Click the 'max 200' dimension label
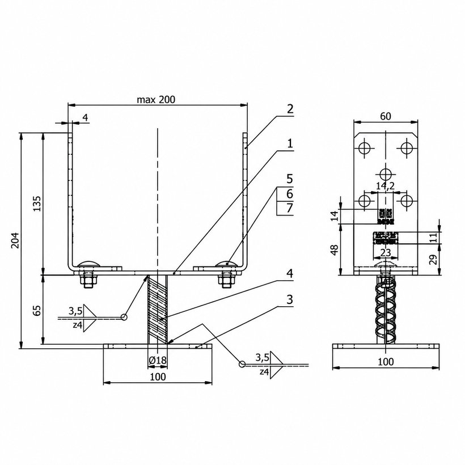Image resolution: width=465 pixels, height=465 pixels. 156,100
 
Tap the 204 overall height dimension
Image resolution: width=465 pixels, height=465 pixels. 15,240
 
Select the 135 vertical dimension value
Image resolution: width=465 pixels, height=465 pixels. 37,204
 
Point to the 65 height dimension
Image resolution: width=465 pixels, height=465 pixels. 37,311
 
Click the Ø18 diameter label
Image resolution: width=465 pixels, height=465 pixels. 158,360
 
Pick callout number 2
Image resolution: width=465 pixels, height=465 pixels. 290,109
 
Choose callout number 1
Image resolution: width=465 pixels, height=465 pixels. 290,143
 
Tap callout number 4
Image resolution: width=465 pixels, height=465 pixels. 290,273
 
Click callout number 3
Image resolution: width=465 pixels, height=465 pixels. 290,299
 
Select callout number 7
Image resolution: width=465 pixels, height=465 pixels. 290,208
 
